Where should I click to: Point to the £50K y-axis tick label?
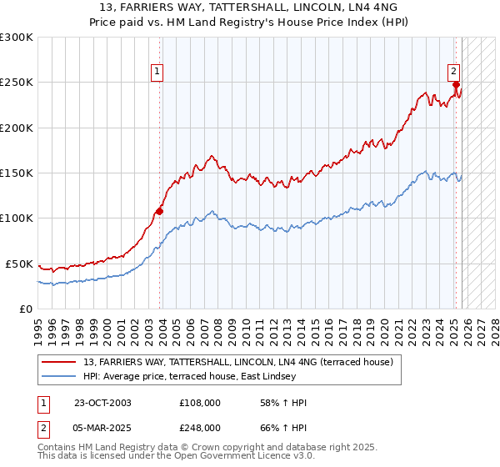19,264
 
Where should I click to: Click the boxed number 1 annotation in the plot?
158,73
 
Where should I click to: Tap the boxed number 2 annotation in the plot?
455,73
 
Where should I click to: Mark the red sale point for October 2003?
160,211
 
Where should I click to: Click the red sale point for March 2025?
457,85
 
